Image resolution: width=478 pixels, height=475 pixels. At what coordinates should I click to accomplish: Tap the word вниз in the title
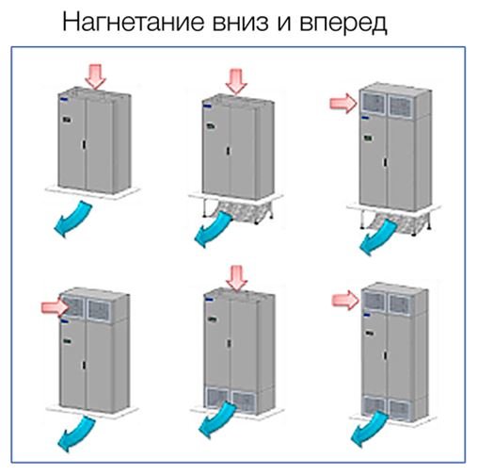pyautogui.click(x=241, y=22)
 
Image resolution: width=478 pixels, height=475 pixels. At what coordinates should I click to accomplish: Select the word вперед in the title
pyautogui.click(x=343, y=24)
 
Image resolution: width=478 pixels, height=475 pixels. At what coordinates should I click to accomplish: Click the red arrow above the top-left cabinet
pyautogui.click(x=96, y=76)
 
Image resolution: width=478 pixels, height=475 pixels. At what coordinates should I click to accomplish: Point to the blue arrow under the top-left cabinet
pyautogui.click(x=74, y=219)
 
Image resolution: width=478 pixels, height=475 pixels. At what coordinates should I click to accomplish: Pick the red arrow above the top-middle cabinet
pyautogui.click(x=236, y=81)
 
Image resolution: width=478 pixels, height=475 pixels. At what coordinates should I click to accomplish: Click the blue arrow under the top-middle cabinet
pyautogui.click(x=214, y=228)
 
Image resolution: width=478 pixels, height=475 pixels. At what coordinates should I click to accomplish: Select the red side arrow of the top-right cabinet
pyautogui.click(x=343, y=103)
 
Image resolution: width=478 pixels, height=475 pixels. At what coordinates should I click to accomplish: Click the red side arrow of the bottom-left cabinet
pyautogui.click(x=56, y=307)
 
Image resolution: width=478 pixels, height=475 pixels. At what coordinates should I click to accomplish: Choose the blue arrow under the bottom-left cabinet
pyautogui.click(x=77, y=433)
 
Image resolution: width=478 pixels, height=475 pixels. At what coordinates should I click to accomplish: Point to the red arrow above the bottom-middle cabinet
pyautogui.click(x=237, y=278)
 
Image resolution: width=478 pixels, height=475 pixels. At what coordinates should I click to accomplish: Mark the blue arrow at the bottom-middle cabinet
pyautogui.click(x=217, y=420)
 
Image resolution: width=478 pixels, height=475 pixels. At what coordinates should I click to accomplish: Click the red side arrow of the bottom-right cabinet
pyautogui.click(x=345, y=300)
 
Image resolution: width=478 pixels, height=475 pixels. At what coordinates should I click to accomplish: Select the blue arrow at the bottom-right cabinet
pyautogui.click(x=370, y=429)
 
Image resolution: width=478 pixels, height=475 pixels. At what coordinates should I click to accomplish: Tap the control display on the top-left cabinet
pyautogui.click(x=67, y=120)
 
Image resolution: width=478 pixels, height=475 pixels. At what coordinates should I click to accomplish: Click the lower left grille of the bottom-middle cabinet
pyautogui.click(x=216, y=399)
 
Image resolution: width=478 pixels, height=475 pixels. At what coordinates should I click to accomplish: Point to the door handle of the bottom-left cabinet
pyautogui.click(x=84, y=365)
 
